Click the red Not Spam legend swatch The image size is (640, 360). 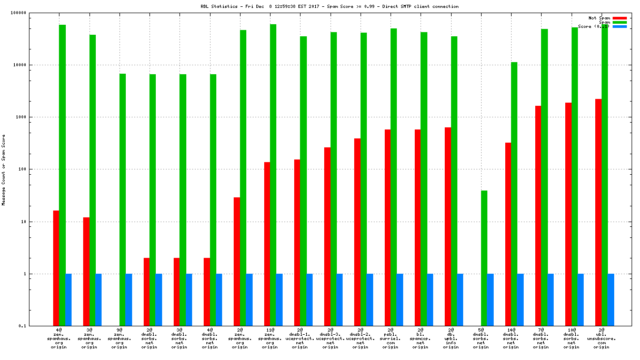619,18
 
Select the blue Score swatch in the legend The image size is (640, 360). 619,26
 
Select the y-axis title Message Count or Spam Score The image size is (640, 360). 4,169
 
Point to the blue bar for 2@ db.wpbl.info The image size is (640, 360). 460,299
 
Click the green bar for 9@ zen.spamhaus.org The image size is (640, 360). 122,199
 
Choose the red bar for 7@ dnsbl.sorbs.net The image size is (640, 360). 538,216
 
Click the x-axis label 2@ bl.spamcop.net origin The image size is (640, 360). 421,338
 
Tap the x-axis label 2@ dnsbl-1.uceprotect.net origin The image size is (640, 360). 300,338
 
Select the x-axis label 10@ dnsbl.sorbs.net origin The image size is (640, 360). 571,338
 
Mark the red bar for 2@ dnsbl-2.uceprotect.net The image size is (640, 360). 357,232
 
